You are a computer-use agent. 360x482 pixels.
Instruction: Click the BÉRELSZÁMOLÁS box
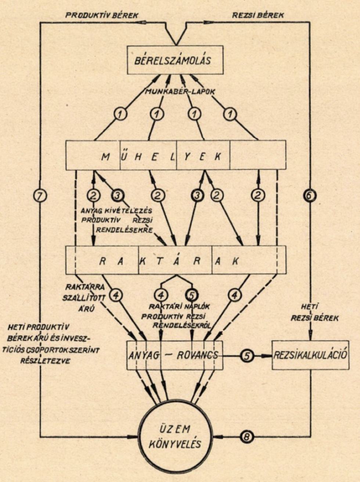coord(175,60)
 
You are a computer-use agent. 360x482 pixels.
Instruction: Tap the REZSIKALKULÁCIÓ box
coord(310,355)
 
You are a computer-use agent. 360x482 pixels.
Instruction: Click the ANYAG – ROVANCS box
coord(174,355)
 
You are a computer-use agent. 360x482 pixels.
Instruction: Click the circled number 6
coord(310,195)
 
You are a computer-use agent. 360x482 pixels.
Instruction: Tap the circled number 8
coord(246,437)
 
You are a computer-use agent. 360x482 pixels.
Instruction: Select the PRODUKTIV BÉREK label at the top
coord(102,15)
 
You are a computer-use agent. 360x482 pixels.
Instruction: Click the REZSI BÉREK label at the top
coord(258,15)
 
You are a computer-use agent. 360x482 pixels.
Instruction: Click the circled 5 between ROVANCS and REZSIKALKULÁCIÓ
coord(247,356)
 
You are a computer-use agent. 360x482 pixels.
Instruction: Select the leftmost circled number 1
coord(120,115)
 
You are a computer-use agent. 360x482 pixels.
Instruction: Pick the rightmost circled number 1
coord(231,115)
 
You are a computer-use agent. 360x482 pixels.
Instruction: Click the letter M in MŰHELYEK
coord(105,156)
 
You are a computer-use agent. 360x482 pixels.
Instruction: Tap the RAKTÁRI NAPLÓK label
coord(179,306)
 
